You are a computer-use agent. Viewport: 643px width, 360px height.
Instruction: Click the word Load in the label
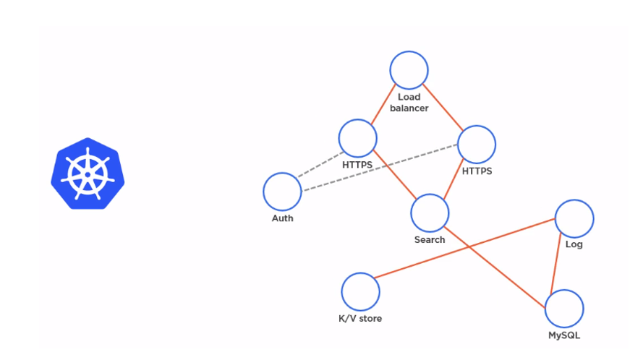[x=409, y=97]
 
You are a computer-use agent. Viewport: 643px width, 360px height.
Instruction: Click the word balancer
[x=409, y=108]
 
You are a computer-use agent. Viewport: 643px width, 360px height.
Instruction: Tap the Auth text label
[x=283, y=218]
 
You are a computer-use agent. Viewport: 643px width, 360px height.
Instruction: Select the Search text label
[x=430, y=240]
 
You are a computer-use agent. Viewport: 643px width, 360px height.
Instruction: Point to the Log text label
[x=574, y=244]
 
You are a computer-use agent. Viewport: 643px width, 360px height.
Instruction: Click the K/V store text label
[x=360, y=319]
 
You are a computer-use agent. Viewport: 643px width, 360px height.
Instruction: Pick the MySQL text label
[x=564, y=335]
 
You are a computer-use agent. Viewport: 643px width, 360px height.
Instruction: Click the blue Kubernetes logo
[x=88, y=173]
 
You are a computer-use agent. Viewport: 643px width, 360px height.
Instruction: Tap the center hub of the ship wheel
[x=88, y=175]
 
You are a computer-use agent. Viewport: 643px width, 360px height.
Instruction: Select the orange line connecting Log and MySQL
[x=556, y=262]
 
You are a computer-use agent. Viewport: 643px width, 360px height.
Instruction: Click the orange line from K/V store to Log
[x=464, y=249]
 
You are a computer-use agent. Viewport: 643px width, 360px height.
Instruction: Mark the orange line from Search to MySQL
[x=495, y=267]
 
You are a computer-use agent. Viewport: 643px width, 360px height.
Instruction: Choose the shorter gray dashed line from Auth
[x=321, y=164]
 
